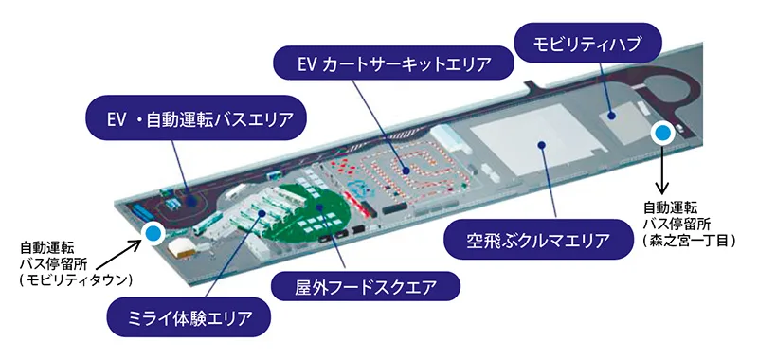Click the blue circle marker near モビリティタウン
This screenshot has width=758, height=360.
(x=152, y=231)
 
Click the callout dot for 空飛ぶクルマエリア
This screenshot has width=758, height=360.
(x=541, y=145)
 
